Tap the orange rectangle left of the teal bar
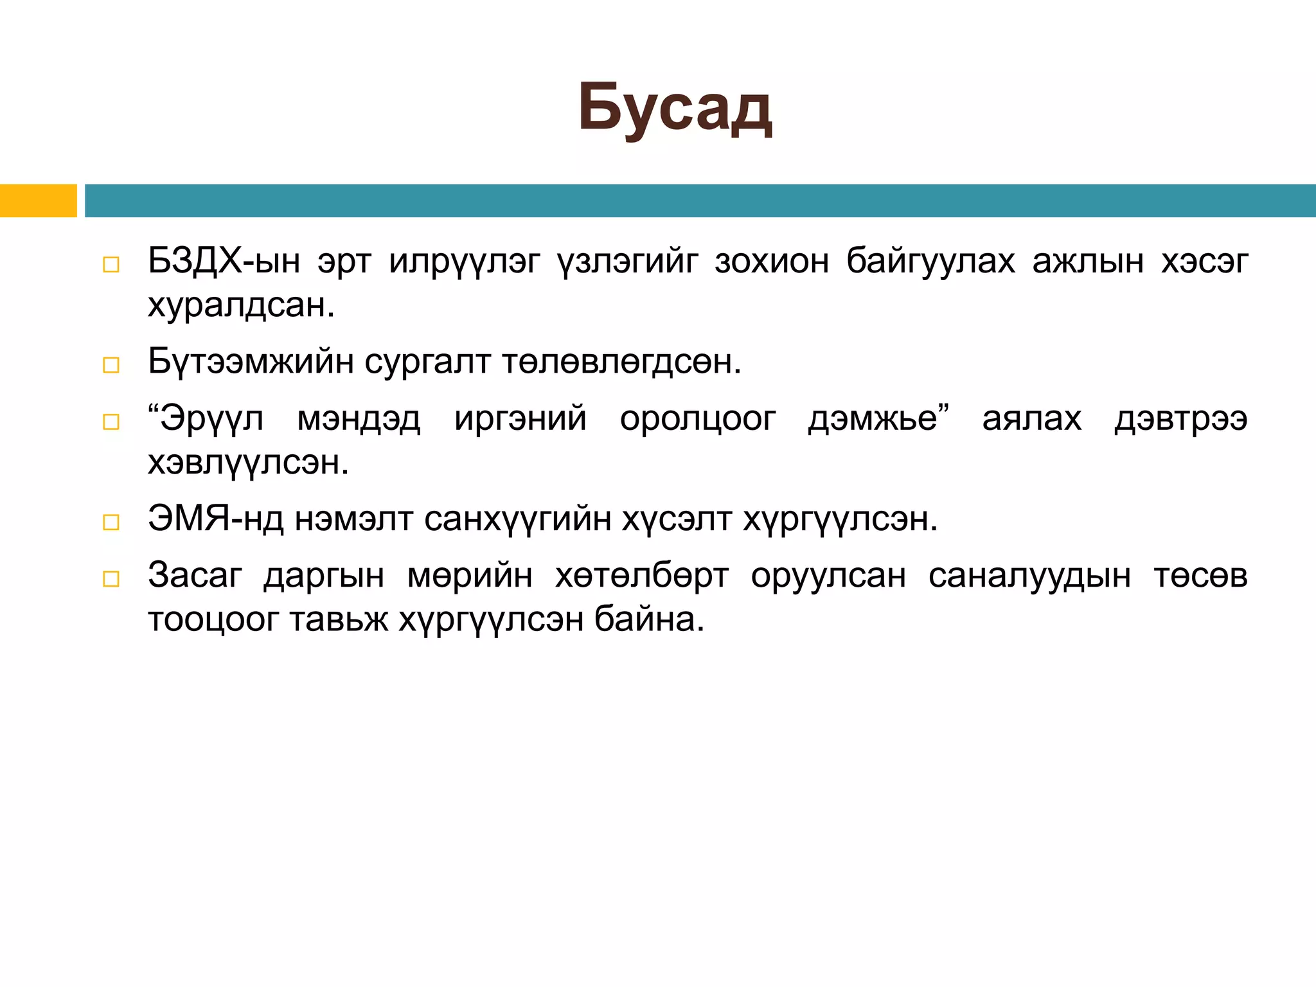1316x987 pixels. [x=38, y=200]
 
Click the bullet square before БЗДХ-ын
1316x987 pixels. [x=111, y=265]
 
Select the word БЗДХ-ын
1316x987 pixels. [x=224, y=262]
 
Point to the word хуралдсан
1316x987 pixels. [x=241, y=305]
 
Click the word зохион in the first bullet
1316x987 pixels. [x=771, y=262]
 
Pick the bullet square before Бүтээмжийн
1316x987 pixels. [x=111, y=365]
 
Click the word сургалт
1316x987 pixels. [x=427, y=362]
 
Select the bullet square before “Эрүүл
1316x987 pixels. [x=111, y=422]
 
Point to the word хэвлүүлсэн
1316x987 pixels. [x=248, y=463]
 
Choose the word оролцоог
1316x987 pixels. [x=698, y=419]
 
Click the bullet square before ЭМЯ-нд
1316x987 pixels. [x=111, y=522]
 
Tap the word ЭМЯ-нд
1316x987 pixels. [x=215, y=519]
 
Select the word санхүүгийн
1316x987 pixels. [x=517, y=519]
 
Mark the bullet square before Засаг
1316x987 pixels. [x=111, y=579]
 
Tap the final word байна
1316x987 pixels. [x=649, y=620]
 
